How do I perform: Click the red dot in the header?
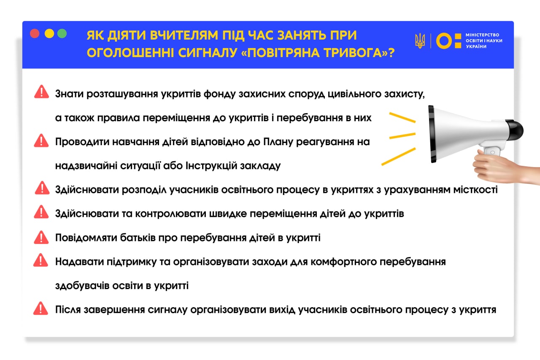[35, 34]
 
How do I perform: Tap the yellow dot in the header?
[49, 34]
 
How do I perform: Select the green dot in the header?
[62, 34]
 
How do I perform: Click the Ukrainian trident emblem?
[420, 41]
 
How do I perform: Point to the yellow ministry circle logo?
[444, 41]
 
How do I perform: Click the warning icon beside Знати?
[41, 92]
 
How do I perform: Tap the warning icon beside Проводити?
[41, 141]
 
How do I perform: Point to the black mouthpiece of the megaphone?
[515, 130]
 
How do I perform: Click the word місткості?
[477, 189]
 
